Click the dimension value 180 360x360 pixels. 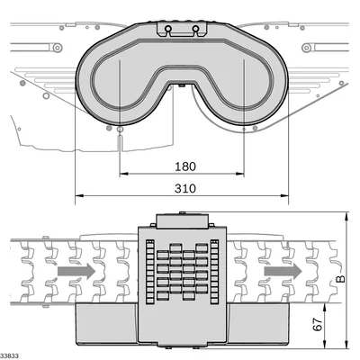[185, 166]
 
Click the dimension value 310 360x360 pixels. [185, 188]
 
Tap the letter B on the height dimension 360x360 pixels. [340, 279]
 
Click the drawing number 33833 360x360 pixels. [10, 355]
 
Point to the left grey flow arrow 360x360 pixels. [76, 271]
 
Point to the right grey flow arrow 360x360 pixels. [283, 271]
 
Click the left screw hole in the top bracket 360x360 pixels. [168, 29]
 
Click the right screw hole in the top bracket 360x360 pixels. [195, 29]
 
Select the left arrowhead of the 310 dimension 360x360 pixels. [79, 196]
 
